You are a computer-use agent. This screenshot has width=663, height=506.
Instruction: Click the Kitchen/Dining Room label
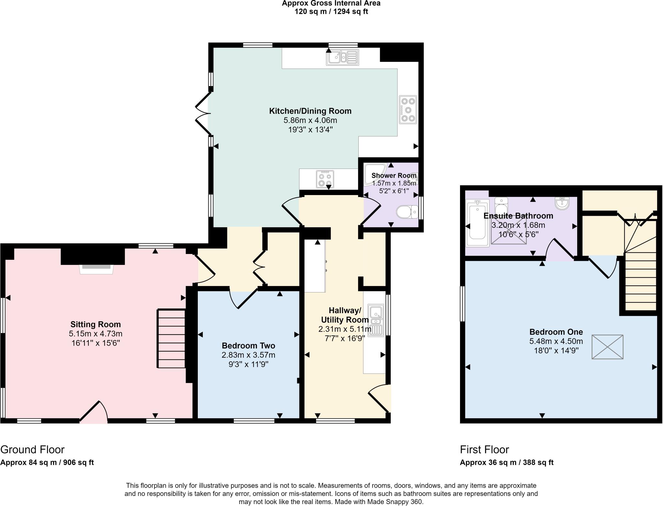(x=310, y=111)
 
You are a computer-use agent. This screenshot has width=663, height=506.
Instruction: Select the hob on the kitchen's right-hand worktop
(x=408, y=109)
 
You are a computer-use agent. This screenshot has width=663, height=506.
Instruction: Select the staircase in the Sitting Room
(x=171, y=338)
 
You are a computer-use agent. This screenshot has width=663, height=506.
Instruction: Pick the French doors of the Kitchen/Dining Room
(x=203, y=113)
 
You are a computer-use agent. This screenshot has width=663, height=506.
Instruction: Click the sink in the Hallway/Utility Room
(x=376, y=319)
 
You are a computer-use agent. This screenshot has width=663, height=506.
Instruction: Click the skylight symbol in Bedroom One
(x=607, y=347)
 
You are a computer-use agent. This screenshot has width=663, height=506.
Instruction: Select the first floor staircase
(x=640, y=275)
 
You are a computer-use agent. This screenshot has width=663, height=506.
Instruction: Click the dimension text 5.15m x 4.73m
(x=96, y=334)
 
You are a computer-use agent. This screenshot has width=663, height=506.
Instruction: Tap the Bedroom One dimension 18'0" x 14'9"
(x=556, y=350)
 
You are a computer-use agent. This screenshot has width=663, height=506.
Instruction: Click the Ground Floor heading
(x=32, y=450)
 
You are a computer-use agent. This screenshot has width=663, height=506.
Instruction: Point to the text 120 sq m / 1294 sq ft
(x=331, y=12)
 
